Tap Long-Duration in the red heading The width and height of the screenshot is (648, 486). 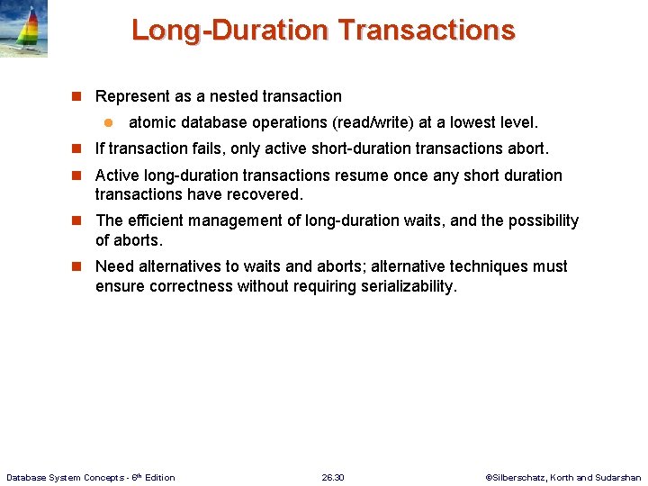230,31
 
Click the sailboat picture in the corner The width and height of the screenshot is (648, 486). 24,29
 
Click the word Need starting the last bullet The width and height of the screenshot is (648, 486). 115,266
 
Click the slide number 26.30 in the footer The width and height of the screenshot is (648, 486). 333,477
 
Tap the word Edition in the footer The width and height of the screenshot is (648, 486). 159,477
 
